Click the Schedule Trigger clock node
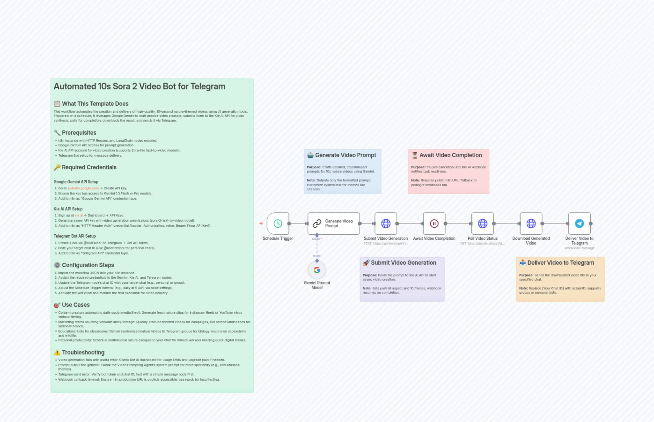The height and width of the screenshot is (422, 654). pos(278,223)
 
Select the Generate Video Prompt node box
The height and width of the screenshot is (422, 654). pos(333,223)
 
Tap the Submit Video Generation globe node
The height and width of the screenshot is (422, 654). pos(386,223)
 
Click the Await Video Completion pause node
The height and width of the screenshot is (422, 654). pos(434,223)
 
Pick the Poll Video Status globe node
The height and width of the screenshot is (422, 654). pos(483,223)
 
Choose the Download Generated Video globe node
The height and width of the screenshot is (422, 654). pos(531,223)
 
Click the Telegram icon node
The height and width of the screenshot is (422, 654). pos(579,223)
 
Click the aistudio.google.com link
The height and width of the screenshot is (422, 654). pos(83,188)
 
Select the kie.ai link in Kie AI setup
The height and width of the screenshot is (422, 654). pos(79,215)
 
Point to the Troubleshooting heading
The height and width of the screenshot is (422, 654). pos(83,352)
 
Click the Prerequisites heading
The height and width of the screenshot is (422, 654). pos(79,133)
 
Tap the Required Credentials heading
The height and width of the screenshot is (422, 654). pos(89,167)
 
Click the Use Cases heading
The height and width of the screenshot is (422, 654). pos(76,305)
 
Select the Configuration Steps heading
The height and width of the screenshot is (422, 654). pos(88,265)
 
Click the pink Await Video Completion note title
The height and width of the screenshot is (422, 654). pos(450,155)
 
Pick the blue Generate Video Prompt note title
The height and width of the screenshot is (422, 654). pos(345,155)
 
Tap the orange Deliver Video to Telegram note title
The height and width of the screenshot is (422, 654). pos(560,263)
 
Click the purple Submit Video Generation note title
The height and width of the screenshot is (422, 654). pos(403,263)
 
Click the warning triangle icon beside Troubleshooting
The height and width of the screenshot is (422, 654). pos(57,352)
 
